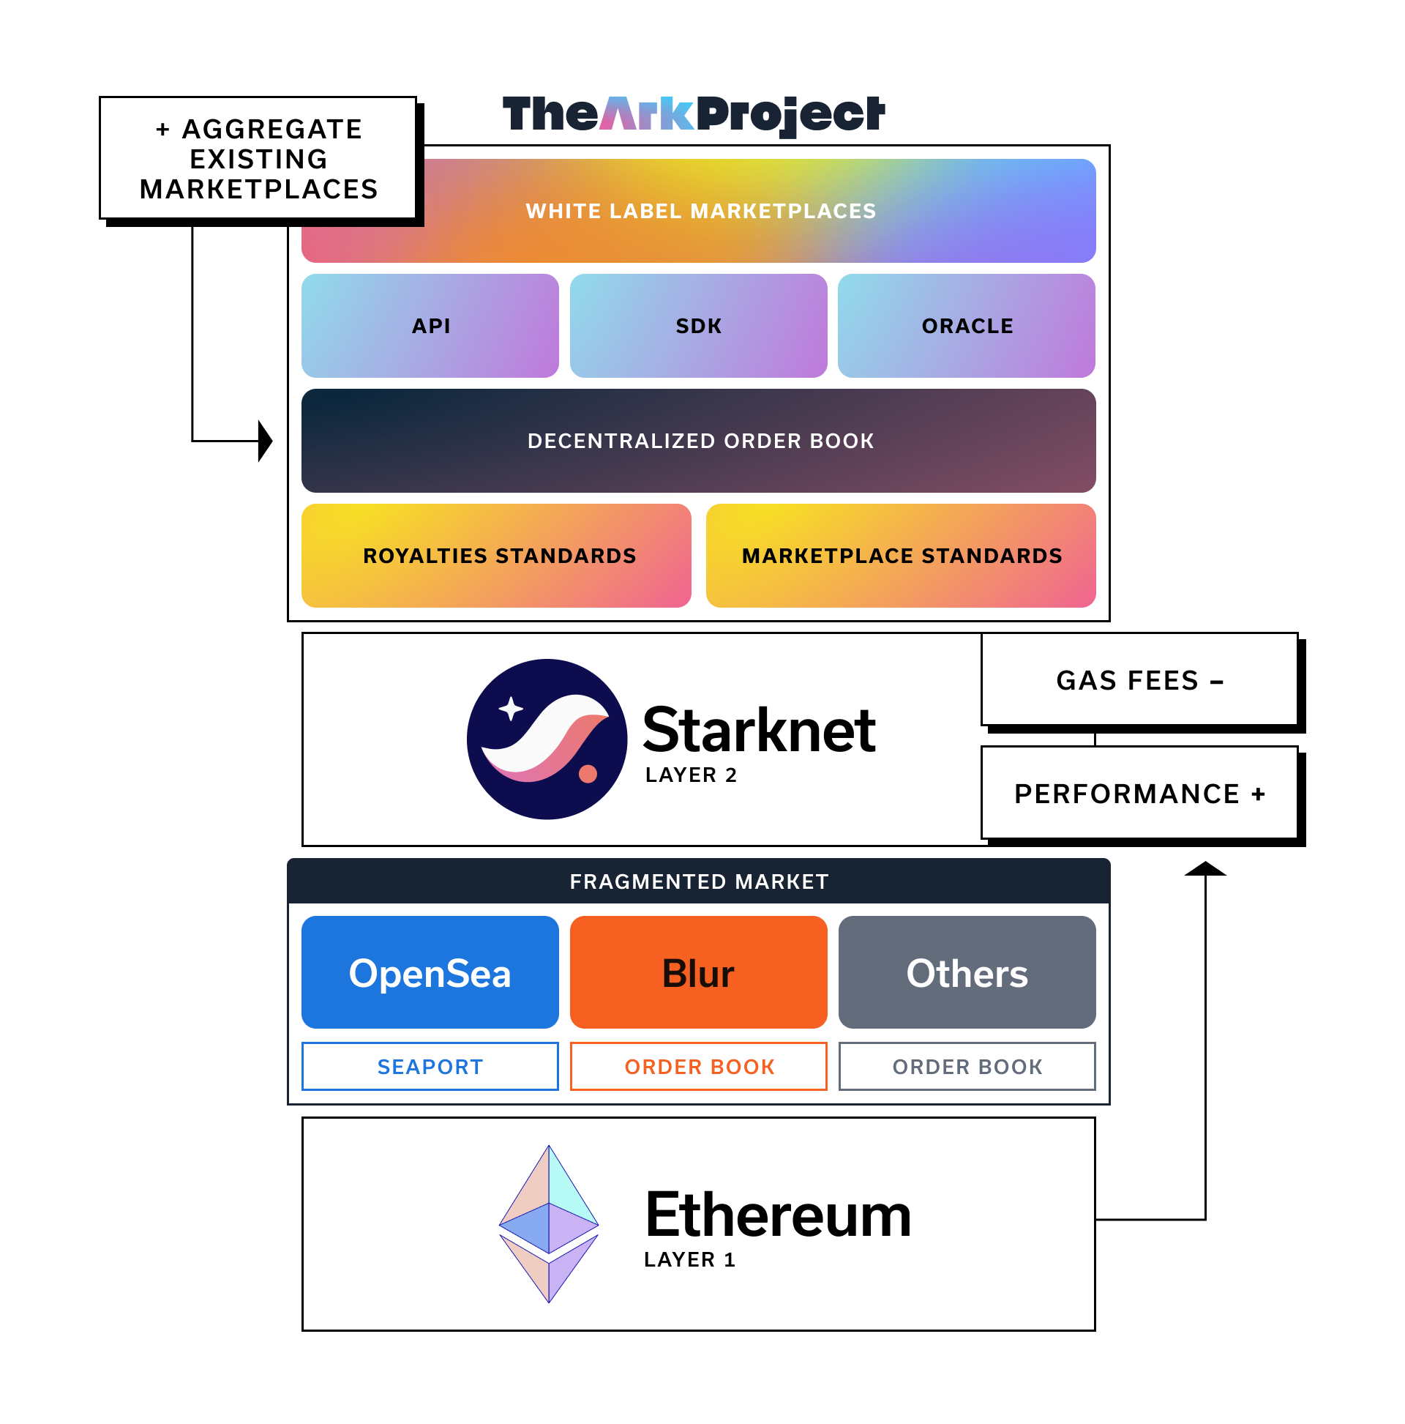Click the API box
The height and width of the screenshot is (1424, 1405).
[430, 326]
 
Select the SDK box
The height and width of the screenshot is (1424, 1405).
[697, 326]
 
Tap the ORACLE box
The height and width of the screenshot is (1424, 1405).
[966, 326]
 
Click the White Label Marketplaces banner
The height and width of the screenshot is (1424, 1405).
[698, 211]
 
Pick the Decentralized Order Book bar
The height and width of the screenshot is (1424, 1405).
[698, 441]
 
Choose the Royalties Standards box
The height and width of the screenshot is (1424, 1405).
[496, 556]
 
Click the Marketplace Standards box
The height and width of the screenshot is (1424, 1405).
[900, 556]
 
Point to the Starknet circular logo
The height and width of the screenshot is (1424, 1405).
[547, 739]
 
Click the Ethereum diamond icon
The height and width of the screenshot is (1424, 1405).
[548, 1223]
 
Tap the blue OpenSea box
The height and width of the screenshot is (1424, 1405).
[430, 972]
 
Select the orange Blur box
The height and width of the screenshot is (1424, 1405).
[697, 972]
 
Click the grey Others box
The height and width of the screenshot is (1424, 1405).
[967, 972]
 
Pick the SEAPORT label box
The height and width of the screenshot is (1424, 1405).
[430, 1066]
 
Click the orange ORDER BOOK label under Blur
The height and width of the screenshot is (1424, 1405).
[698, 1066]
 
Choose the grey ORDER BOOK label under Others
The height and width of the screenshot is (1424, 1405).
[967, 1066]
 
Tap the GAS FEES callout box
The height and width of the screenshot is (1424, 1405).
[1139, 679]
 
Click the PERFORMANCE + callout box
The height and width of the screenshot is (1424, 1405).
[1139, 793]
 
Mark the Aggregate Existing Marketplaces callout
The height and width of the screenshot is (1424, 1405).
[258, 158]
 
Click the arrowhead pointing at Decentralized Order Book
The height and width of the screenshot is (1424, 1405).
[265, 441]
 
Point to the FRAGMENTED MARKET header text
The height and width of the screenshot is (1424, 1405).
[698, 881]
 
